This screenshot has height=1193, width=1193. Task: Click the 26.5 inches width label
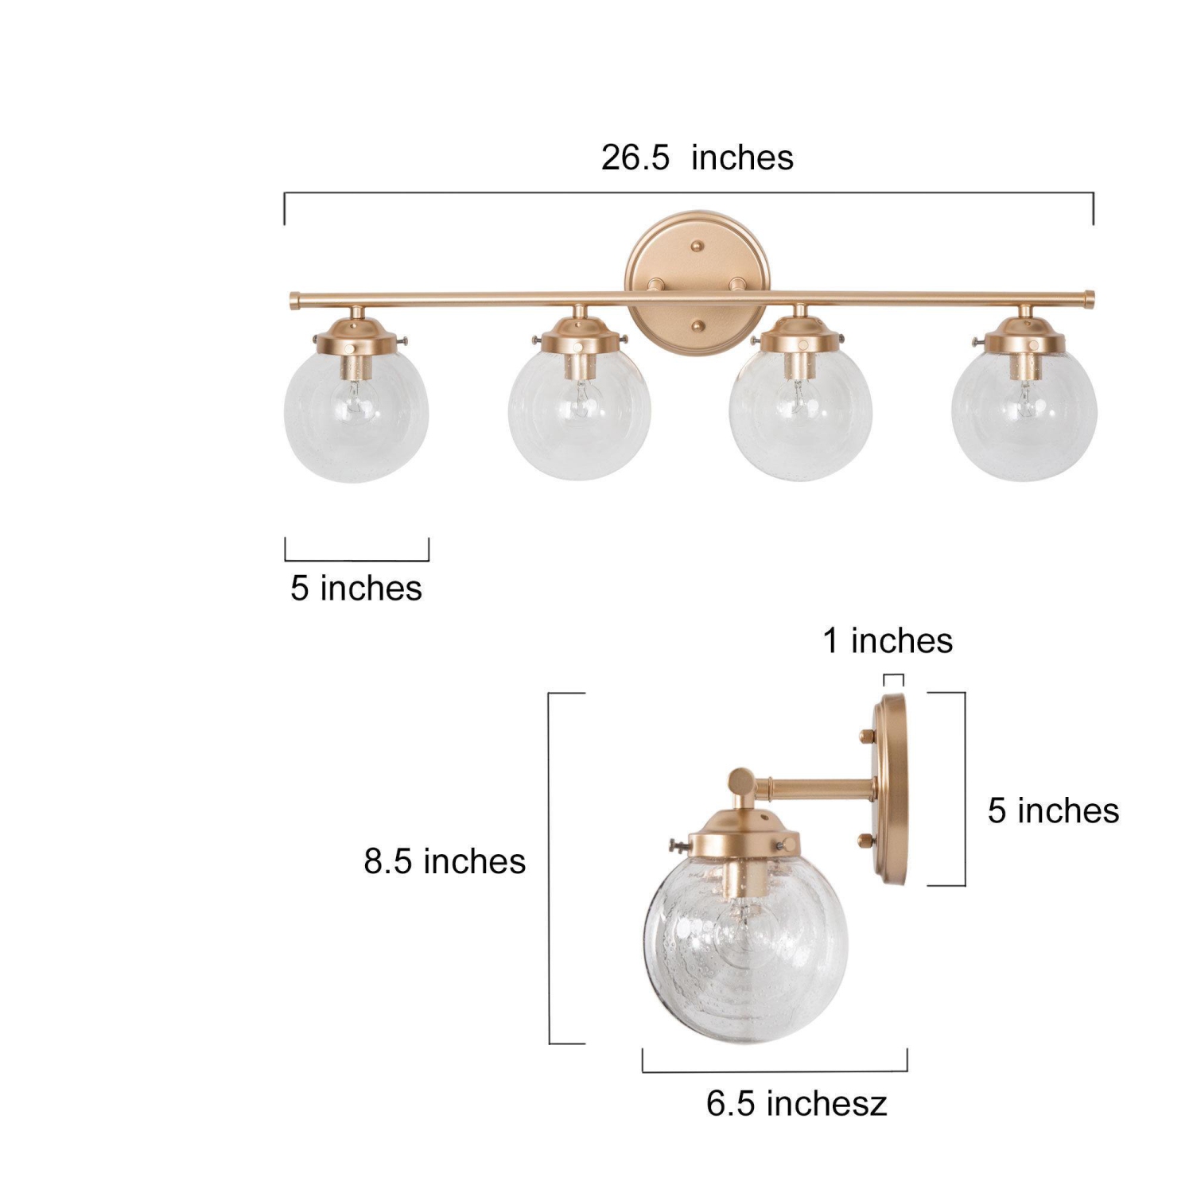coord(697,157)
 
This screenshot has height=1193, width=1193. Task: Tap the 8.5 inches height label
coord(445,861)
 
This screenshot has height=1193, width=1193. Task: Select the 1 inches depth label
coord(888,641)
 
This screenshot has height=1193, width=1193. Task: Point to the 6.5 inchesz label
coord(796,1104)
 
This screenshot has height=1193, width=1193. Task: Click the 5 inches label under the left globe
coord(356,589)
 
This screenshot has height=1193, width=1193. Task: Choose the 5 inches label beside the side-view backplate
coord(1053,811)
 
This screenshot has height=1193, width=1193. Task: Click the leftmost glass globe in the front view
coord(356,418)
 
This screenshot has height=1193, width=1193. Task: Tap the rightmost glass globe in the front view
coord(1024,418)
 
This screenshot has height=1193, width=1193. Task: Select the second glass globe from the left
coord(580,418)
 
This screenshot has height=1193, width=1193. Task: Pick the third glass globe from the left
coord(800,418)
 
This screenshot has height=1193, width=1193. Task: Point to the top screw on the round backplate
coord(698,246)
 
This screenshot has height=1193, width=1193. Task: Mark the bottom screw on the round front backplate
coord(698,324)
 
